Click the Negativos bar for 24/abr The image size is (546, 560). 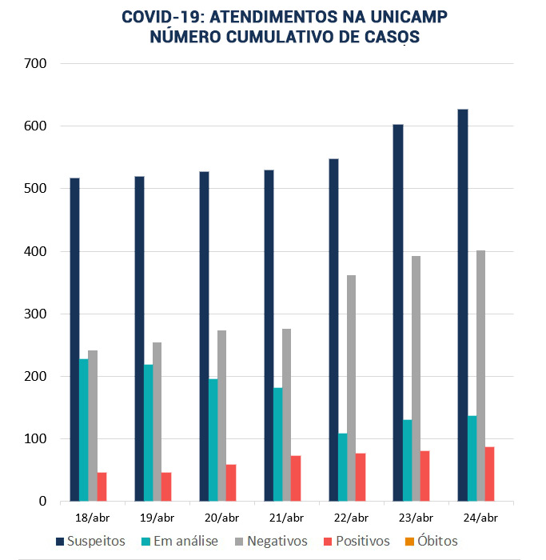[480, 376]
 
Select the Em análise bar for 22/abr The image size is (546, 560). [342, 467]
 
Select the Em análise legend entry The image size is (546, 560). [179, 542]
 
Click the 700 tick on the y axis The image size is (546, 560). [37, 63]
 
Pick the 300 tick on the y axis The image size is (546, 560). [37, 314]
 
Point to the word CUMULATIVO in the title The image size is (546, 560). [269, 37]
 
